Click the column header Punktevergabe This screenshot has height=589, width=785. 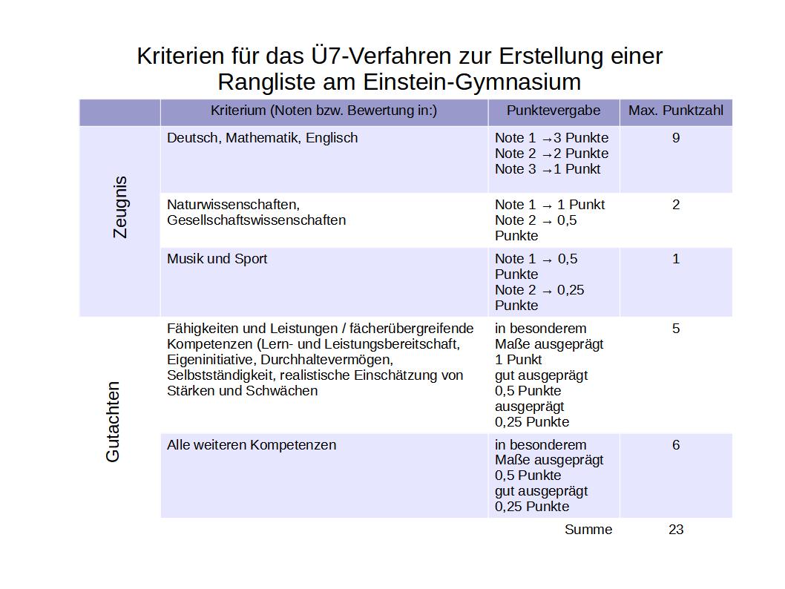(554, 111)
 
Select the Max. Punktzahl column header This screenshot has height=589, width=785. (675, 111)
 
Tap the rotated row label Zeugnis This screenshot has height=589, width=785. (119, 207)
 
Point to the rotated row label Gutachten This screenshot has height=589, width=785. (113, 422)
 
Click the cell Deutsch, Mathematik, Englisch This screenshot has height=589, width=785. (262, 138)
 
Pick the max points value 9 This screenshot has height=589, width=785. (675, 138)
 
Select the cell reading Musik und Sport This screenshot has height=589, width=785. (217, 259)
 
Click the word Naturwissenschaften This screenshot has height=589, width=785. (233, 205)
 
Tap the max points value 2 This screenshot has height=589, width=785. (675, 205)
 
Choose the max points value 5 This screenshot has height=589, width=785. (675, 329)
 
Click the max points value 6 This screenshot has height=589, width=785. (675, 445)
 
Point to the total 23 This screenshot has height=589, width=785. (675, 530)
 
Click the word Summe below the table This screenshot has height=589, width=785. (588, 530)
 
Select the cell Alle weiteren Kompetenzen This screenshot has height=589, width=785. (252, 445)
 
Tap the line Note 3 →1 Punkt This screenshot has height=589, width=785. (548, 169)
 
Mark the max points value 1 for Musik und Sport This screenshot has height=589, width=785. (675, 259)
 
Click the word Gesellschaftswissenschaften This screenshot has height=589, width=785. (256, 220)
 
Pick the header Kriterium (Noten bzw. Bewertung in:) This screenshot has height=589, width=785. (323, 111)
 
